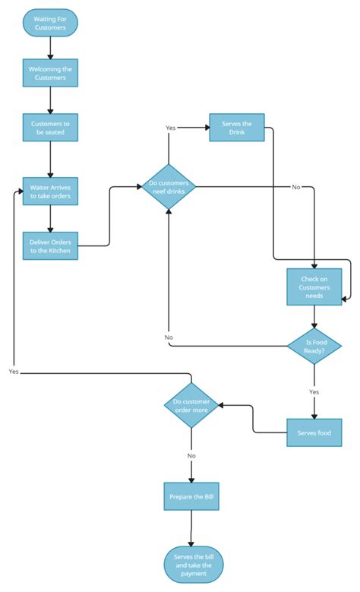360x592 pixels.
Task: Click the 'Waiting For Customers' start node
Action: (50, 23)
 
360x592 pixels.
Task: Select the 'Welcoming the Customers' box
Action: (50, 73)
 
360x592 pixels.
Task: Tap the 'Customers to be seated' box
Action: (50, 127)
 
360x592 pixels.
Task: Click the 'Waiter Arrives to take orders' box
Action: (50, 191)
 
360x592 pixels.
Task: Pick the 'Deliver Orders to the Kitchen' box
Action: (50, 245)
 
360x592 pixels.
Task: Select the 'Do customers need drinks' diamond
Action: (169, 186)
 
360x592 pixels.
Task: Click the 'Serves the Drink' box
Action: (236, 128)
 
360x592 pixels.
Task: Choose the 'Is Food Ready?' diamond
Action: (314, 346)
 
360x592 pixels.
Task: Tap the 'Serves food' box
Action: (314, 432)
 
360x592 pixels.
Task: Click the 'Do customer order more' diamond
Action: (191, 405)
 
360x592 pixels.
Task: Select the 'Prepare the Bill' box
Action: (191, 495)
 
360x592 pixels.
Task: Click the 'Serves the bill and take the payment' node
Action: (191, 564)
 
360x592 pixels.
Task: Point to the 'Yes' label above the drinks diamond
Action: (171, 128)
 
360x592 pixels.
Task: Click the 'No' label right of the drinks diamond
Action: (296, 187)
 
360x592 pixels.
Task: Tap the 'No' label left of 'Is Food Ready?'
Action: (169, 337)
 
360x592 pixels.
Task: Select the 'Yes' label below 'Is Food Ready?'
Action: (314, 391)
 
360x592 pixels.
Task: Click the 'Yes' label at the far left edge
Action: (14, 372)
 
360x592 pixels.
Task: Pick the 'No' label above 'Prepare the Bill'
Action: (191, 456)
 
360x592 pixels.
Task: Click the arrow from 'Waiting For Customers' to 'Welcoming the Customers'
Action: (50, 47)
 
